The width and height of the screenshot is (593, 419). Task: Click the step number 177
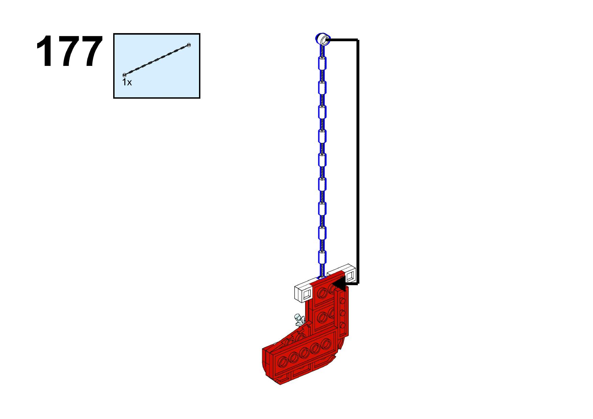pos(69,52)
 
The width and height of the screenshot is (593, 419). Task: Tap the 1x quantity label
pos(127,82)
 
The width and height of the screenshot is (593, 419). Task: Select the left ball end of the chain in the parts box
pos(124,75)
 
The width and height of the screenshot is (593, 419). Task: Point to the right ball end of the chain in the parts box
pos(189,45)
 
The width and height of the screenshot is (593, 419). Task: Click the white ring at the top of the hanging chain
pos(323,39)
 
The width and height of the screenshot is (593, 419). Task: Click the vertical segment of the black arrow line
pos(357,162)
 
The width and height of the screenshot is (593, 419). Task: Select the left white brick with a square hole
pos(306,294)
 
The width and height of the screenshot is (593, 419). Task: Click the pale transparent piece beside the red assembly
pos(299,320)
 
